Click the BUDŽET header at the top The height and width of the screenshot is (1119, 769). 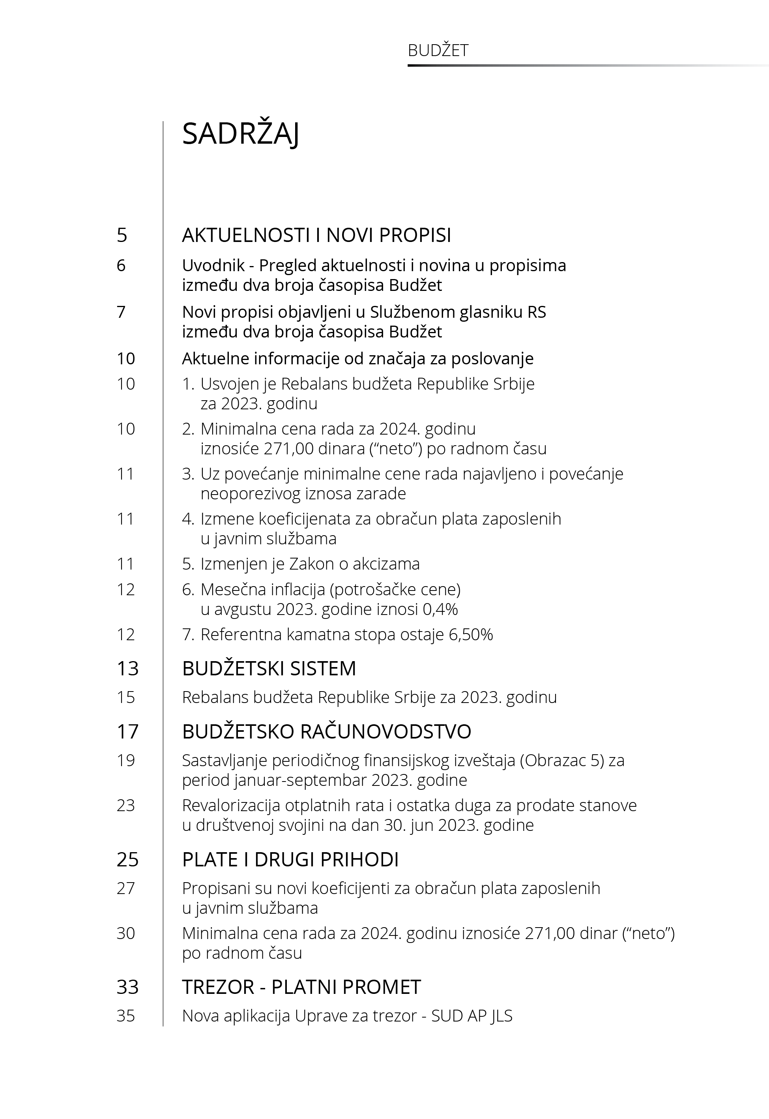click(438, 51)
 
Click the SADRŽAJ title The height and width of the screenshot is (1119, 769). click(240, 134)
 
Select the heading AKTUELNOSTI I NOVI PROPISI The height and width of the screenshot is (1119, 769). click(316, 235)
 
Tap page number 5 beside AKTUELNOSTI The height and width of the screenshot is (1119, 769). click(122, 235)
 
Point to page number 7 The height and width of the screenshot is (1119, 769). click(121, 312)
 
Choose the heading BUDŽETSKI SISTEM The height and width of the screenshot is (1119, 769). click(269, 668)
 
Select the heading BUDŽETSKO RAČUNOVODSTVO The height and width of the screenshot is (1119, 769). click(326, 731)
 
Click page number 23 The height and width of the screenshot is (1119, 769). click(126, 805)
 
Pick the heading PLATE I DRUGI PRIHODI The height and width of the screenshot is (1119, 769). click(290, 860)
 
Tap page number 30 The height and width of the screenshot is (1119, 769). click(126, 933)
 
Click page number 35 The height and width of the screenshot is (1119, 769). click(126, 1016)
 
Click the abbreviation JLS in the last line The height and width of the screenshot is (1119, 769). click(501, 1016)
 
